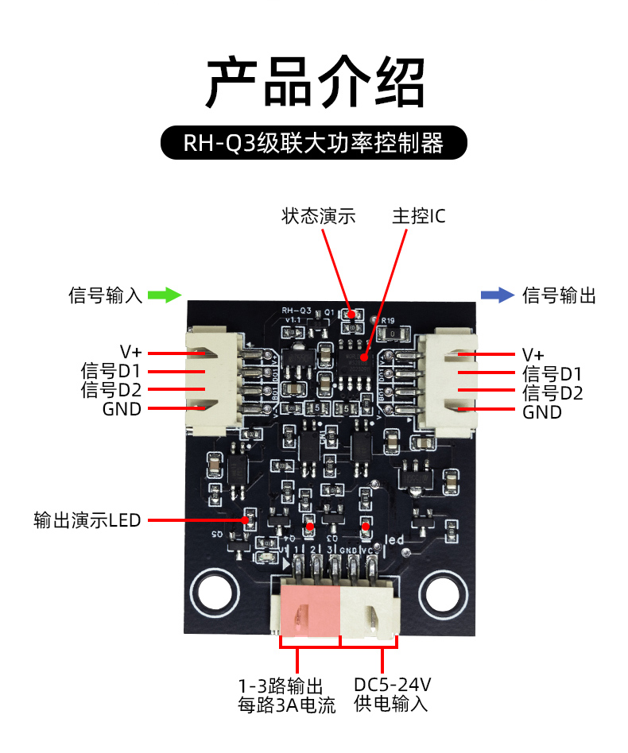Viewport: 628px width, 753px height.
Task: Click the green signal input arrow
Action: [x=165, y=295]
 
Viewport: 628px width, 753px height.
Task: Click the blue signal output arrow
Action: [x=498, y=295]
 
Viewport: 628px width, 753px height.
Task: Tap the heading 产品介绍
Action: [x=315, y=83]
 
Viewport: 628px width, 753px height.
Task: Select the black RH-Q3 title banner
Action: [x=314, y=144]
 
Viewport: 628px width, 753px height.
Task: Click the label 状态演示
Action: [x=318, y=216]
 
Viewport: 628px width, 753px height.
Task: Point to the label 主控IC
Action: [x=419, y=216]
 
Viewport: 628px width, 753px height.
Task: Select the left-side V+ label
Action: [x=130, y=352]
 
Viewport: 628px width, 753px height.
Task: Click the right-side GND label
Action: [x=542, y=412]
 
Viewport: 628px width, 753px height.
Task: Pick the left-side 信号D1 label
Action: [x=110, y=371]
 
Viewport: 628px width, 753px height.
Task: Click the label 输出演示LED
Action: [x=87, y=521]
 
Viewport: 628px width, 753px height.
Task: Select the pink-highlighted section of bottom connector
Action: [x=311, y=610]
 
